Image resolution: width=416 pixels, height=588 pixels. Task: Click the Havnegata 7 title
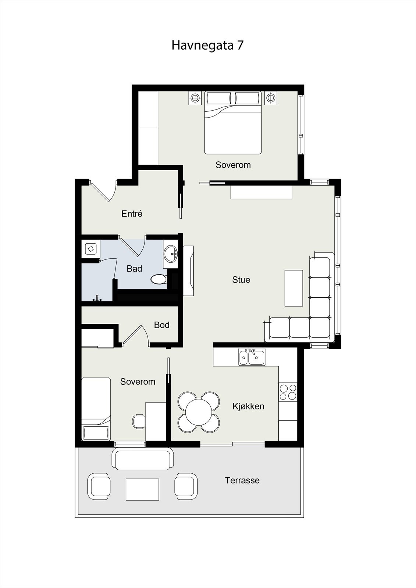[207, 46]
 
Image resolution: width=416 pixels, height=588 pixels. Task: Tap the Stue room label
[241, 280]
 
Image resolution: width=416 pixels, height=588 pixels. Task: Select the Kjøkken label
[248, 406]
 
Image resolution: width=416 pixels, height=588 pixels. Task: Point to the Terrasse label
[242, 480]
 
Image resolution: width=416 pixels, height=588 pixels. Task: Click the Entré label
[132, 214]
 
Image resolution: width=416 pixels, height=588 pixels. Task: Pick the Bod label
[161, 325]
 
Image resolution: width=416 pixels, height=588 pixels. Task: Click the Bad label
[134, 269]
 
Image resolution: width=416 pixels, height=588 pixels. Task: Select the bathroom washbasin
[171, 254]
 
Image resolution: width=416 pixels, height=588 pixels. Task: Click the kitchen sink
[252, 357]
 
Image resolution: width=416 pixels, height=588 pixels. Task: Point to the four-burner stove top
[288, 392]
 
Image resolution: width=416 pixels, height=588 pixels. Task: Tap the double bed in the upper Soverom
[233, 123]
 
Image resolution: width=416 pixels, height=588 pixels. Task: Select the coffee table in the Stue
[294, 288]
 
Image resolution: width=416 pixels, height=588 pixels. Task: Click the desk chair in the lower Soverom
[138, 421]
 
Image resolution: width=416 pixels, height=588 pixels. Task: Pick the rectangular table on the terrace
[142, 490]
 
